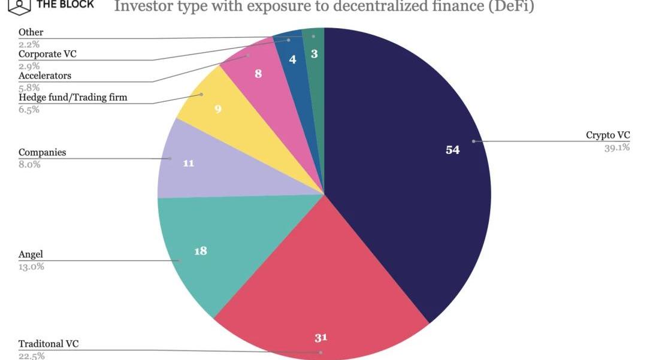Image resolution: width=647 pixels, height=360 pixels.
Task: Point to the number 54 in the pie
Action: [x=452, y=150]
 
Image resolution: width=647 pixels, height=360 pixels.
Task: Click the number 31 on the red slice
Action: [x=321, y=338]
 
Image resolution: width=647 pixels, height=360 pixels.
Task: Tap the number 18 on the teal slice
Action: [x=201, y=251]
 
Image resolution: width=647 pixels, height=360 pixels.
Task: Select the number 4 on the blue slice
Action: [x=292, y=59]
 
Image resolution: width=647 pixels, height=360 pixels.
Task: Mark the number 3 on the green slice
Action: [x=314, y=54]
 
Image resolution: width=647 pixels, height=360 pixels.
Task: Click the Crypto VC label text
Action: [x=607, y=135]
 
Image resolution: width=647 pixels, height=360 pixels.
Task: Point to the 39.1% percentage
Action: [x=616, y=147]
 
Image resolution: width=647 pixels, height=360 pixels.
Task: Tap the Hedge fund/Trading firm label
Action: [x=72, y=97]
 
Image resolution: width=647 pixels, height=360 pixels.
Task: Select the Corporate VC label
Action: [x=47, y=54]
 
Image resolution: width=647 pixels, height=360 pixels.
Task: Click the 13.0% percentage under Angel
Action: [x=31, y=267]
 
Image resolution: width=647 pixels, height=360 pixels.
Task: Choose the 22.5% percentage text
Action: [x=31, y=356]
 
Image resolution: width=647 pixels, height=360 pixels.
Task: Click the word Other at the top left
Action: [x=31, y=32]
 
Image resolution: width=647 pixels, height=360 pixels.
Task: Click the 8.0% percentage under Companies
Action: [x=29, y=164]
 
